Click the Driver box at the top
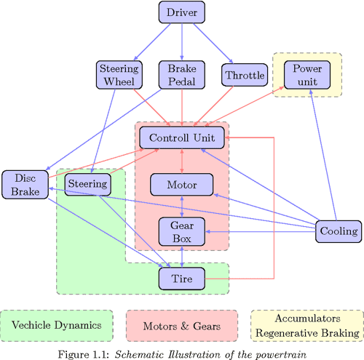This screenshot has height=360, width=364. (182, 12)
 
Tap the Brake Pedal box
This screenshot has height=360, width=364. (182, 75)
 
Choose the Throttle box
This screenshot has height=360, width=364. (245, 75)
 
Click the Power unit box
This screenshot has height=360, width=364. (306, 74)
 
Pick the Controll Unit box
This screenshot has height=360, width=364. (182, 137)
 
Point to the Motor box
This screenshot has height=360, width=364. (182, 185)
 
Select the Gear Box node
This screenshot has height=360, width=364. (182, 231)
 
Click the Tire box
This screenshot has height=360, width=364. (182, 278)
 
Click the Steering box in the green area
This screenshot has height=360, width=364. (88, 184)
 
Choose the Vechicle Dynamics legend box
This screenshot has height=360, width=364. (57, 326)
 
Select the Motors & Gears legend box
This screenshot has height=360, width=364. (182, 326)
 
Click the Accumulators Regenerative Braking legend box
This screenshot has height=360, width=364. (306, 326)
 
